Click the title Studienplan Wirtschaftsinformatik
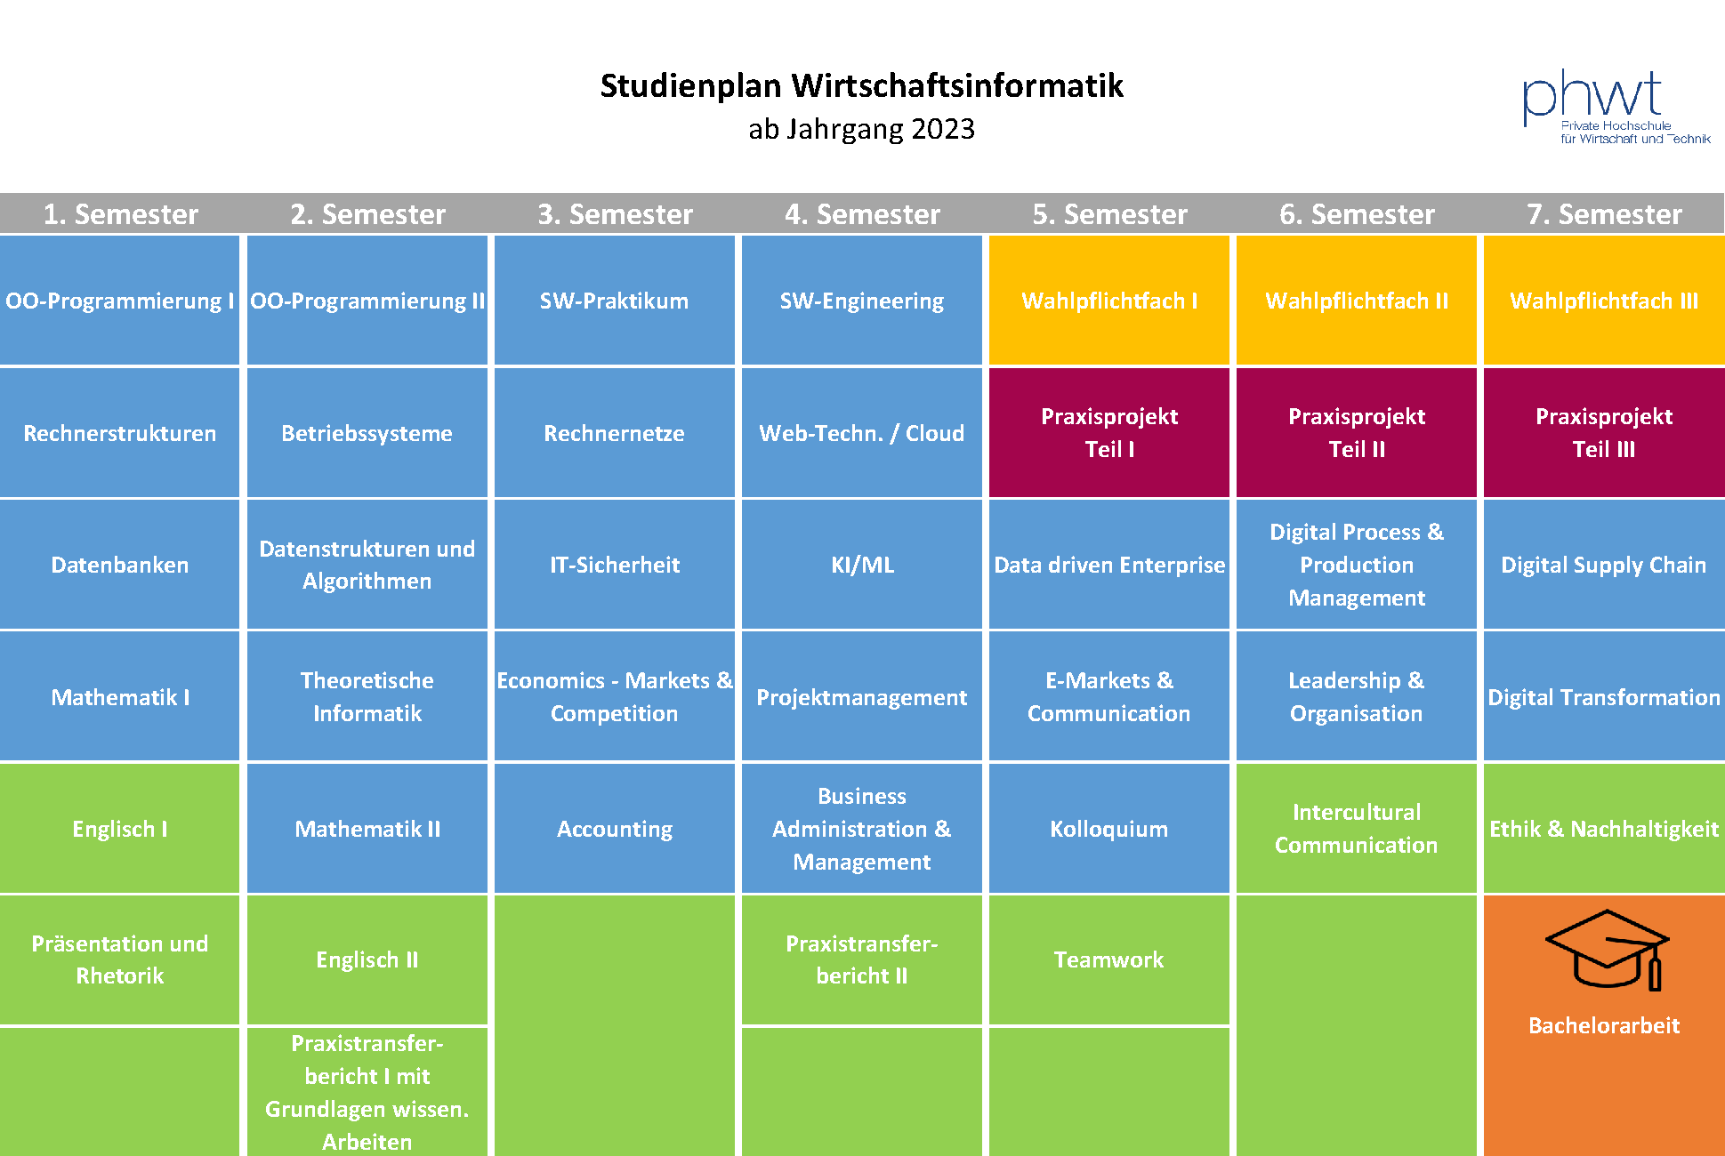(x=861, y=86)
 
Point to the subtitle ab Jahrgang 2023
(x=861, y=130)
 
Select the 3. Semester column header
(x=615, y=214)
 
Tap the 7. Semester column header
(x=1604, y=214)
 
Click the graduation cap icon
(x=1607, y=950)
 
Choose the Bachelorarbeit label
(x=1604, y=1025)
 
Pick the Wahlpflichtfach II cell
(x=1357, y=301)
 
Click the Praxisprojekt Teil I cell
(x=1109, y=433)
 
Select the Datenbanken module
(x=120, y=565)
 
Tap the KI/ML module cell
(x=862, y=565)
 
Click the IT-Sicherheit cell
(x=615, y=565)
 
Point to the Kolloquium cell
(x=1109, y=829)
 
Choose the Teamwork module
(x=1109, y=960)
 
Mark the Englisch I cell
(x=120, y=829)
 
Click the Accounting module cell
(x=615, y=829)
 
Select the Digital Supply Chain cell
(x=1604, y=565)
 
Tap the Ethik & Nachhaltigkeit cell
(x=1604, y=829)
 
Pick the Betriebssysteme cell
(x=367, y=433)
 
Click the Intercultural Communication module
(x=1357, y=829)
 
